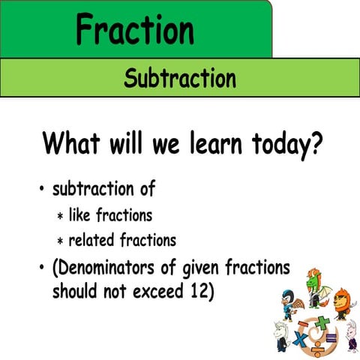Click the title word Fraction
(135, 29)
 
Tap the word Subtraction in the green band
(180, 77)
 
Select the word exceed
(154, 291)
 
